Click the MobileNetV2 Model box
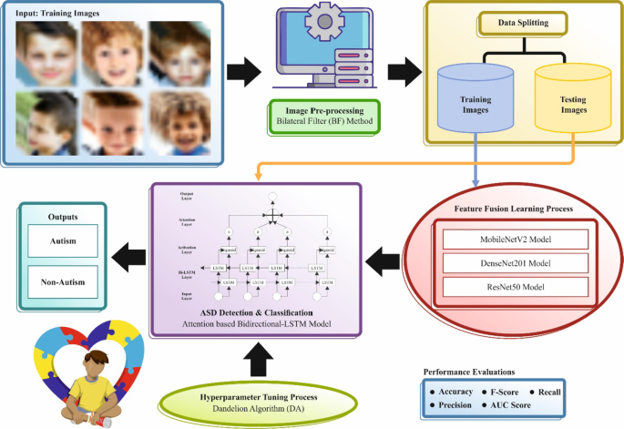pos(506,240)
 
